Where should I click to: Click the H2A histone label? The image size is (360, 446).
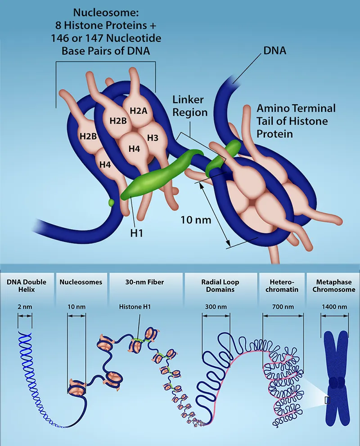(x=138, y=111)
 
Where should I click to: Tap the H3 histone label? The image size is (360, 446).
(x=152, y=138)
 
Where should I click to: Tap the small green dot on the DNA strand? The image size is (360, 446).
(x=111, y=203)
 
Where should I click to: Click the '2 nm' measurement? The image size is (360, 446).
(x=25, y=307)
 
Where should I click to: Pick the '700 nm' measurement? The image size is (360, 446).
(x=283, y=307)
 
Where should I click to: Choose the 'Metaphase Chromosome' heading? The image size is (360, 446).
(x=333, y=286)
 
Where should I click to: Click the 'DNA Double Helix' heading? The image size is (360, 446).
(x=27, y=286)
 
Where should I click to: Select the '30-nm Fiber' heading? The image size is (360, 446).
(x=144, y=282)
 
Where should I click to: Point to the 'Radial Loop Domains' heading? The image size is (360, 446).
(x=220, y=286)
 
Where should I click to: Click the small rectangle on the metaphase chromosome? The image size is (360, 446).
(x=327, y=400)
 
